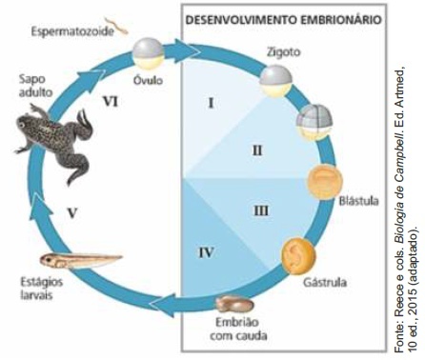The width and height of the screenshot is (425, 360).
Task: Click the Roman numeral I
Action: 211,103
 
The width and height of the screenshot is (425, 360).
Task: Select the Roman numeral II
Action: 257,150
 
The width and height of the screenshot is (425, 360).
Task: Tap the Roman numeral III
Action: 261,210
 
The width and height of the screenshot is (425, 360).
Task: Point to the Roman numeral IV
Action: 206,252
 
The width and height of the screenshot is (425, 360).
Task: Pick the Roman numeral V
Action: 72,212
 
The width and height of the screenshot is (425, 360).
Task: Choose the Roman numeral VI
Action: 111,102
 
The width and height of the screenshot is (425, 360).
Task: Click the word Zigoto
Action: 283,51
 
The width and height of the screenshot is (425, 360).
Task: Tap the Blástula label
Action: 358,201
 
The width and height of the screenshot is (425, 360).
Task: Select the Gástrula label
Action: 325,282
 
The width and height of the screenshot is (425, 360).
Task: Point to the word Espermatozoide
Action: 72,31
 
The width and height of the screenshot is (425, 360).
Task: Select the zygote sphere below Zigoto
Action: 275,81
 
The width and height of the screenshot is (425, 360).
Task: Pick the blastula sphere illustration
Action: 325,182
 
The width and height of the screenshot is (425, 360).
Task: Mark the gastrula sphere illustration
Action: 298,255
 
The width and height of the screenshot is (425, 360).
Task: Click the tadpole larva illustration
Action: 81,260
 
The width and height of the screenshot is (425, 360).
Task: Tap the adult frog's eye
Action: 21,126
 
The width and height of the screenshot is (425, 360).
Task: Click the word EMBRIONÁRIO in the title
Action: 341,19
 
